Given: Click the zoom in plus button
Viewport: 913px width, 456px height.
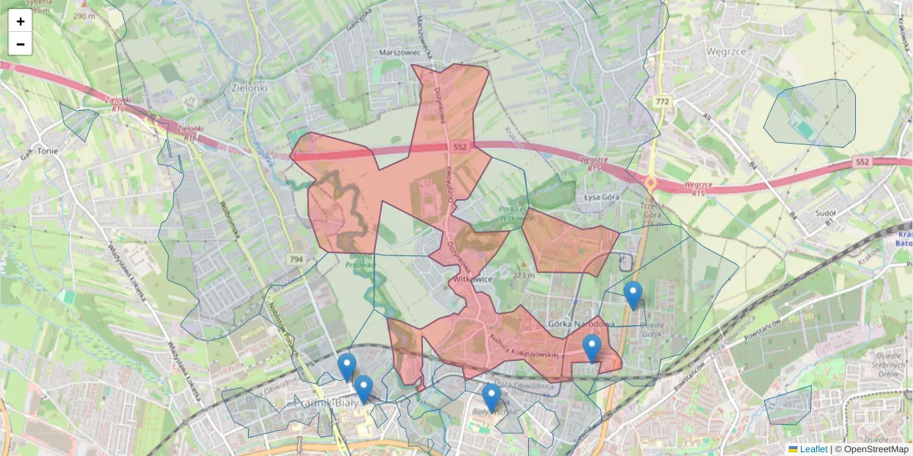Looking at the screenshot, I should [x=21, y=21].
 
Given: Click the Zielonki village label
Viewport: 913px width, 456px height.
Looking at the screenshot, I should [x=248, y=87].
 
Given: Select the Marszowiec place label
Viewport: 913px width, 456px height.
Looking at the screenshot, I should [x=399, y=52].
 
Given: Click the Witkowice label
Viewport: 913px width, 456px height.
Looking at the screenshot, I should [x=473, y=279].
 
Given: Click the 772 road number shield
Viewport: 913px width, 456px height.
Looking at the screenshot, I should [x=662, y=101].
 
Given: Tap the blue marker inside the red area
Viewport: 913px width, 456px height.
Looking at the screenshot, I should [x=592, y=349].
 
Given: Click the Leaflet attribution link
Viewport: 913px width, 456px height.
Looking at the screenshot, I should [x=813, y=449].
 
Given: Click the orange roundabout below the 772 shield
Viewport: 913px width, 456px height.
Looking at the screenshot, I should [x=651, y=182].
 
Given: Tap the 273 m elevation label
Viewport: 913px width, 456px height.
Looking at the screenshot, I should [x=524, y=275].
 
